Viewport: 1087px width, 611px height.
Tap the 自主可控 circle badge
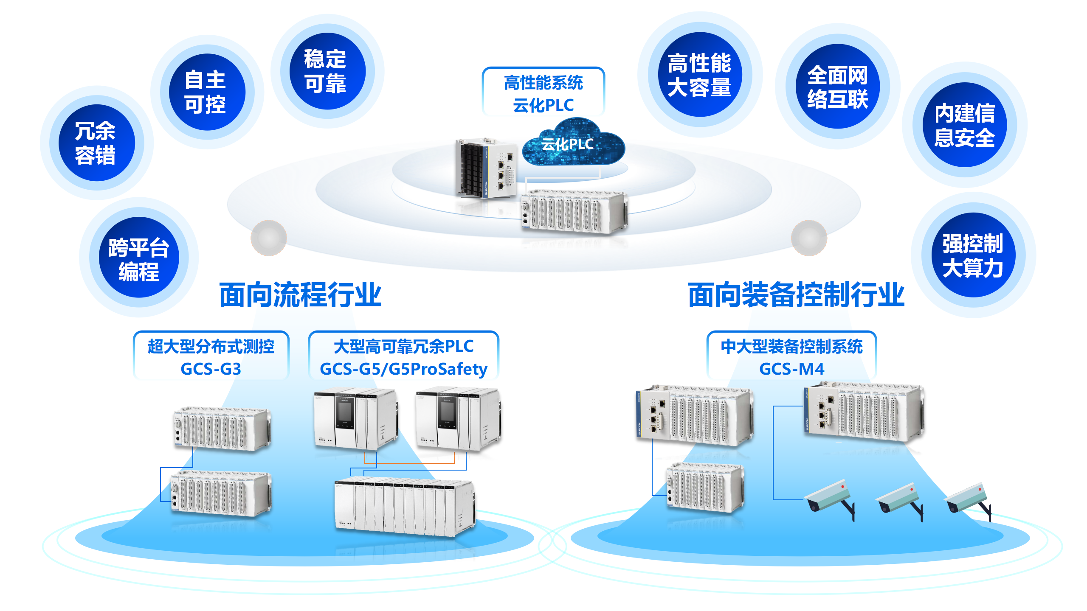tap(207, 92)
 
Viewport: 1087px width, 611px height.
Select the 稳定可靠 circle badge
tap(327, 71)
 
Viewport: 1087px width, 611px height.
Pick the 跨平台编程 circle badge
tap(139, 258)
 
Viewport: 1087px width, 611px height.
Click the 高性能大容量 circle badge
tap(699, 75)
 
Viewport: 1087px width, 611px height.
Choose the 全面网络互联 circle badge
tap(837, 87)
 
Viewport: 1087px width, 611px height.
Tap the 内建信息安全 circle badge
tap(964, 125)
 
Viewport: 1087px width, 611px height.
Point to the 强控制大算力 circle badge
tap(973, 255)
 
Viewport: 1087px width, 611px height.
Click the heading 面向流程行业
tap(300, 295)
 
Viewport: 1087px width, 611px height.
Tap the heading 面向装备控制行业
tap(796, 295)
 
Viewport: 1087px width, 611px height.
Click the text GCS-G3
tap(211, 369)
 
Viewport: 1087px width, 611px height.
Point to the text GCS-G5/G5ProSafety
tap(403, 369)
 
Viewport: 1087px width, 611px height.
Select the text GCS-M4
tap(791, 369)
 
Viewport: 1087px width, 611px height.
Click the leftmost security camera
tap(829, 499)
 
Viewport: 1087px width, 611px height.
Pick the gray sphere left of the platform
tap(269, 238)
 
